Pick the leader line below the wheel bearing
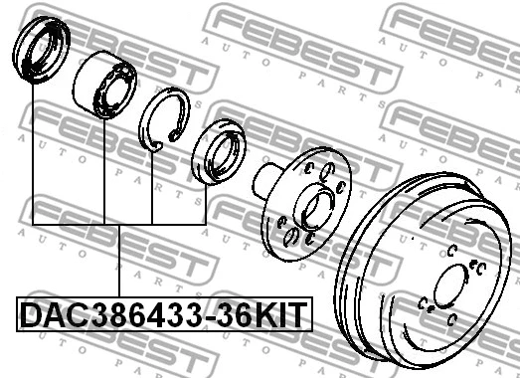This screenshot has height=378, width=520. tap(104, 169)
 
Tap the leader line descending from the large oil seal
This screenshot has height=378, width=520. tap(32, 149)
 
